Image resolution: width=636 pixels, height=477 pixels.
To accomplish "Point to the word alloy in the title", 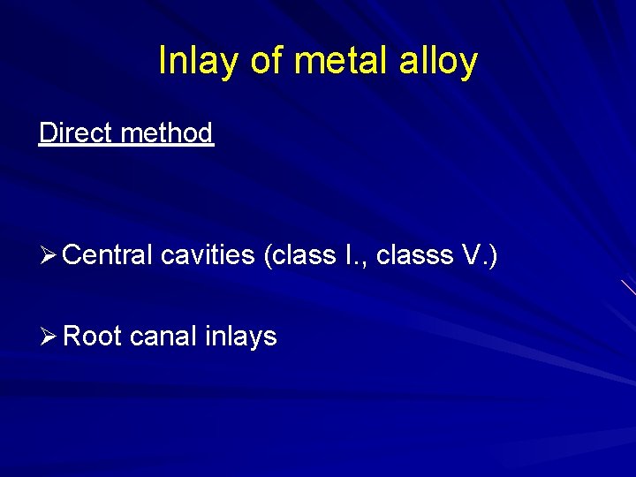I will tap(439, 61).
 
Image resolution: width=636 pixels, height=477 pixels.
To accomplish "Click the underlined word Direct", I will tap(75, 133).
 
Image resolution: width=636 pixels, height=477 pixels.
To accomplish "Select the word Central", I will tap(109, 255).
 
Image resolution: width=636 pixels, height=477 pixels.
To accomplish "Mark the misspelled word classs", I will tap(413, 255).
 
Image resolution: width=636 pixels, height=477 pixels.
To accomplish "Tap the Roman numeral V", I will tap(473, 255).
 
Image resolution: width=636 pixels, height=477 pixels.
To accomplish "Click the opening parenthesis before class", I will tap(268, 256).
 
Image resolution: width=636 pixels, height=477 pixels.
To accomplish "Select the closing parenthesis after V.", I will tap(493, 256).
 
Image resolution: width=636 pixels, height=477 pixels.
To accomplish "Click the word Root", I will tap(93, 337).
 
